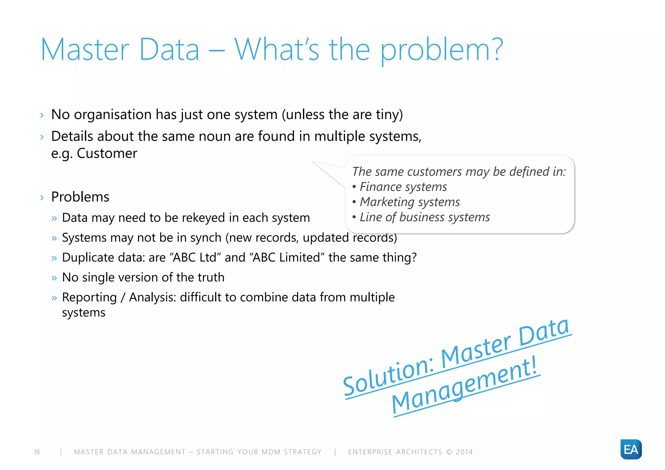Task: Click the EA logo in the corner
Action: (x=631, y=449)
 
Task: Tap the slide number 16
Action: (x=37, y=452)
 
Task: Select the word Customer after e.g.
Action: (x=107, y=153)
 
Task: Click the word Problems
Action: (x=80, y=197)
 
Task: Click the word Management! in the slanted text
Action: (x=464, y=386)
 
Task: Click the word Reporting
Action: (x=89, y=297)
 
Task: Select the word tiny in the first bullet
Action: (x=387, y=115)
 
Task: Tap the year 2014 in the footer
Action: (x=464, y=452)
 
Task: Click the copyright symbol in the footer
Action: (x=449, y=452)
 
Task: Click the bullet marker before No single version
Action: (x=54, y=278)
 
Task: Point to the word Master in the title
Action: (x=85, y=49)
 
